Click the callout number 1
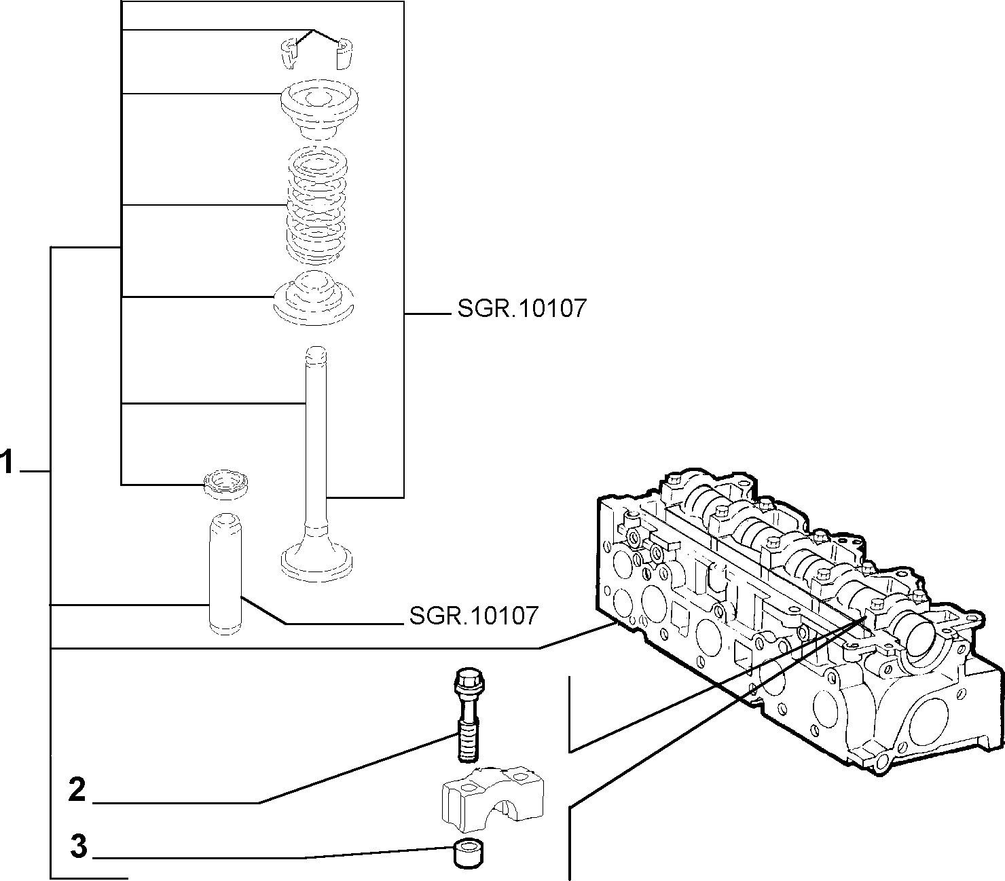pyautogui.click(x=7, y=462)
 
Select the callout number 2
pyautogui.click(x=77, y=790)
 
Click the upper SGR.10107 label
pyautogui.click(x=522, y=308)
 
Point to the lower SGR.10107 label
pyautogui.click(x=474, y=616)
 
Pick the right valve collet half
pyautogui.click(x=345, y=54)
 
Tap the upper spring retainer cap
pyautogui.click(x=319, y=109)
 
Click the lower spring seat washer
pyautogui.click(x=314, y=298)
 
